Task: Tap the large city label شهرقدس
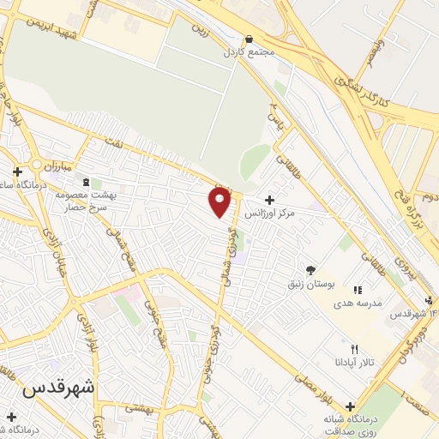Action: coord(58,388)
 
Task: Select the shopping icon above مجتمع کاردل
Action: coord(249,39)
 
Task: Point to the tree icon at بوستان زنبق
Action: coord(310,268)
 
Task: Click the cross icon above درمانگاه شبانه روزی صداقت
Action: coord(350,406)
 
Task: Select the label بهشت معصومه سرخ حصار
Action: coord(85,201)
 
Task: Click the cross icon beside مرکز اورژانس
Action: coord(270,199)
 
